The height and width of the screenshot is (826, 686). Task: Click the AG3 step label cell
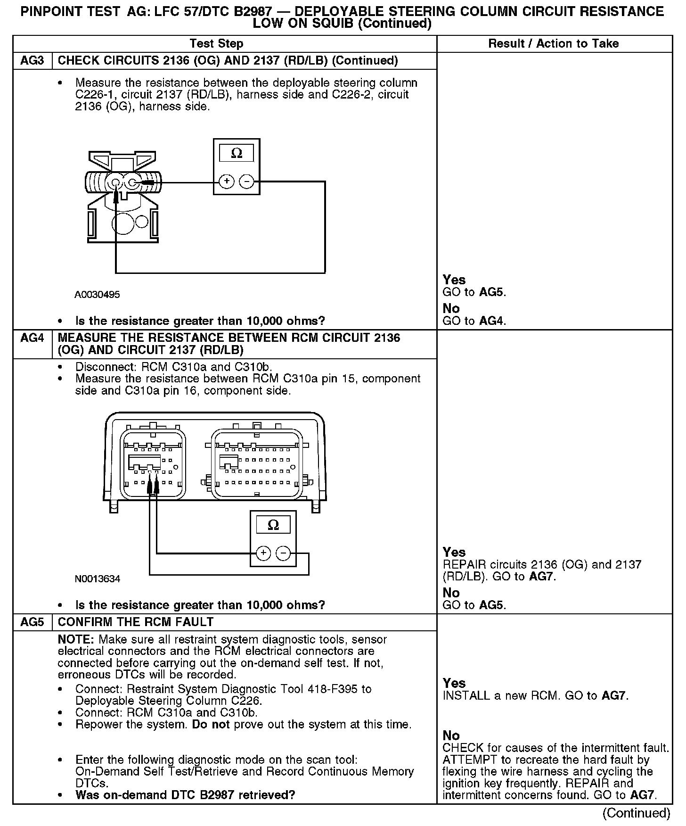[x=32, y=61]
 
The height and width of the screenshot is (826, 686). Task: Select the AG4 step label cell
[x=32, y=338]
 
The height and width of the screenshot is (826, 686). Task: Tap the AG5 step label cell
[x=32, y=622]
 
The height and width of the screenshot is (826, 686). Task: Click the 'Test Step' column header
[x=216, y=44]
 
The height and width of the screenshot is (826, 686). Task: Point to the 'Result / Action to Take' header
[x=553, y=44]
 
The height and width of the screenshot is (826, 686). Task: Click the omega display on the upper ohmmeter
[x=237, y=153]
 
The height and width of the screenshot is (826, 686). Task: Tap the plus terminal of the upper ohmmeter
[x=227, y=182]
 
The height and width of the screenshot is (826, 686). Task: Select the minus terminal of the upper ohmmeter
[x=246, y=182]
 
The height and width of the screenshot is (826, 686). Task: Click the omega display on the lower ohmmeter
[x=273, y=525]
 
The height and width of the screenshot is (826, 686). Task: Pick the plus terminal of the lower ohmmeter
[x=263, y=553]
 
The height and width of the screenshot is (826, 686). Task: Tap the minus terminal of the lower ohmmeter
[x=283, y=553]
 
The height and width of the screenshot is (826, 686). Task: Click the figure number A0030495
[x=97, y=295]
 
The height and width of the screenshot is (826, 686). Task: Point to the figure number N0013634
[x=98, y=578]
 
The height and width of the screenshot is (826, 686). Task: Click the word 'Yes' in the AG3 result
[x=454, y=280]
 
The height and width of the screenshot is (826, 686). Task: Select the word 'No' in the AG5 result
[x=451, y=735]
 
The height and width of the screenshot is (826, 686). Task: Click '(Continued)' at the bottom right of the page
[x=636, y=813]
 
